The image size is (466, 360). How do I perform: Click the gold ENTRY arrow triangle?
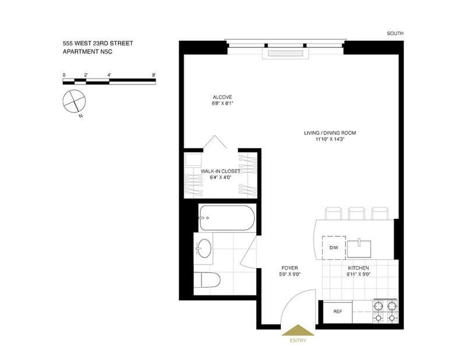298,330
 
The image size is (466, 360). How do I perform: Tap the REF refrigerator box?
338,312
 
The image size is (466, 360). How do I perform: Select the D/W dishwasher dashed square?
334,248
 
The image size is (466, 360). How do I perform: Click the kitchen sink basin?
359,249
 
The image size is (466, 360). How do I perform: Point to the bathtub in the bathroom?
227,218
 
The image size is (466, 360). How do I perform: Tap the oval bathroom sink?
204,248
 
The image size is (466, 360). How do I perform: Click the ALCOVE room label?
223,97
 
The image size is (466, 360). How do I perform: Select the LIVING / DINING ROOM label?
330,133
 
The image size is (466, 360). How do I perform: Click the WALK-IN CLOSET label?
220,171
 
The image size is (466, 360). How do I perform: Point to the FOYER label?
290,268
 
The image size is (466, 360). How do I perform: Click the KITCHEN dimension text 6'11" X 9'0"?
358,275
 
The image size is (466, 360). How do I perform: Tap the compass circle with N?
74,101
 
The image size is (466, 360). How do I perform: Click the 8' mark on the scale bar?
154,75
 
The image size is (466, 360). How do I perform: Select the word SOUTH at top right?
395,34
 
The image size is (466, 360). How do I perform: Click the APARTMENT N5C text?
87,52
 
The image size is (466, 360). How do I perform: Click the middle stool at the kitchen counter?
356,213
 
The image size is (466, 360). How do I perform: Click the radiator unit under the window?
285,54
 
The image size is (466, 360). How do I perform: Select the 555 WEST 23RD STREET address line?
98,44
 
